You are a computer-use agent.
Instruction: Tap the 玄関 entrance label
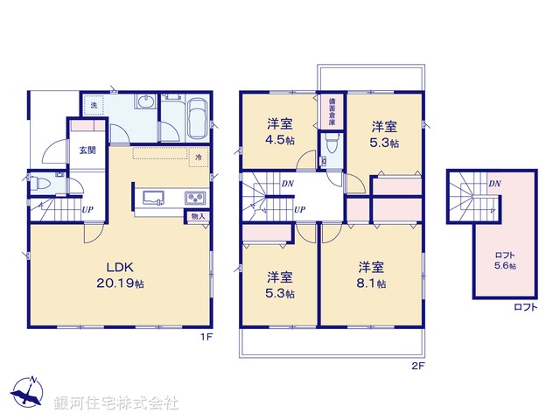pos(87,150)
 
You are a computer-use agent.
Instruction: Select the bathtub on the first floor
pos(196,119)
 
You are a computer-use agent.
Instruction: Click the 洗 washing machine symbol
pos(94,106)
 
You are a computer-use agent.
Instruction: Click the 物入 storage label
pos(197,216)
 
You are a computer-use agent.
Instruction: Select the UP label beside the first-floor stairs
pos(87,210)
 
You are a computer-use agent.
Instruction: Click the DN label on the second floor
pos(288,184)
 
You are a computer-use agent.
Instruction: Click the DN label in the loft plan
pos(494,184)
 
